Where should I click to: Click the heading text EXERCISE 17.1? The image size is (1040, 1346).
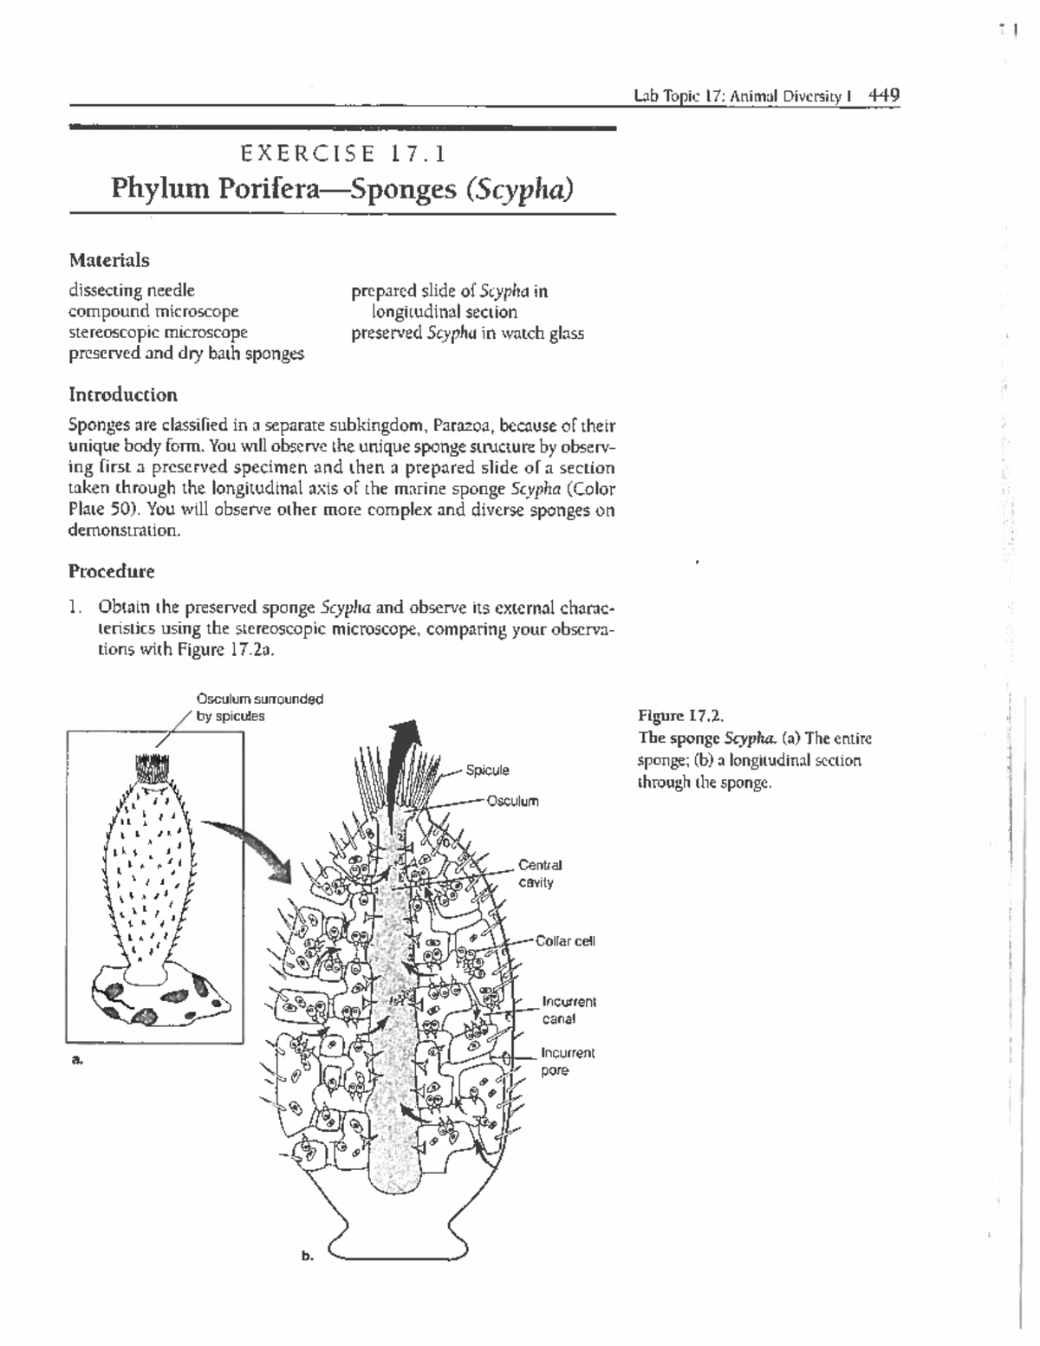pos(343,154)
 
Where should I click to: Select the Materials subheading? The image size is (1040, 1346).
pos(109,260)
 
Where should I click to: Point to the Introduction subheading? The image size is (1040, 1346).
pos(123,395)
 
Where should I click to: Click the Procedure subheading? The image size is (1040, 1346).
pos(112,572)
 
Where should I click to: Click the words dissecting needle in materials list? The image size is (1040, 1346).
pos(132,290)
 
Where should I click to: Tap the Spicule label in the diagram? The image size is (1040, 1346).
pos(487,771)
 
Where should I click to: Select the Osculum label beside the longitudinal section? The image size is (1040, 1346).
pos(512,801)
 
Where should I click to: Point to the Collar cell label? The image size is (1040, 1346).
pos(565,941)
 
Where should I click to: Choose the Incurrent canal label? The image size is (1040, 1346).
pos(569,1011)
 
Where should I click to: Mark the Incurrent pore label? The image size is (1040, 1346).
pos(568,1062)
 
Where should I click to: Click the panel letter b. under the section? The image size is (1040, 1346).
pos(307,1254)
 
